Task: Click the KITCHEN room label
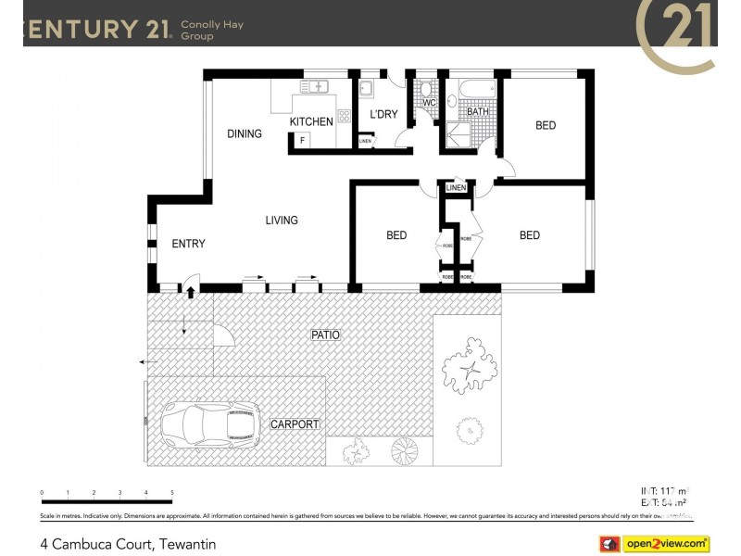[x=311, y=121]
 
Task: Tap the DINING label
[x=245, y=133]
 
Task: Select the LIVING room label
[x=282, y=221]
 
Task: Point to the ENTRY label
[x=188, y=244]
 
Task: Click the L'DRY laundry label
[x=383, y=115]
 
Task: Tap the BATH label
[x=477, y=112]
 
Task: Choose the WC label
[x=429, y=103]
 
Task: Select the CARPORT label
[x=295, y=424]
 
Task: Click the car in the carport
[x=208, y=424]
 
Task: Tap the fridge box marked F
[x=300, y=141]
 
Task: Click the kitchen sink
[x=315, y=86]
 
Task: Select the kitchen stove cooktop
[x=344, y=117]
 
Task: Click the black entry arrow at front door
[x=191, y=293]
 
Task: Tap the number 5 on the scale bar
[x=172, y=493]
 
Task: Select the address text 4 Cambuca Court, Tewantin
[x=128, y=544]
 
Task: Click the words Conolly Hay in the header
[x=212, y=25]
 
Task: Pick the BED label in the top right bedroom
[x=546, y=125]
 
